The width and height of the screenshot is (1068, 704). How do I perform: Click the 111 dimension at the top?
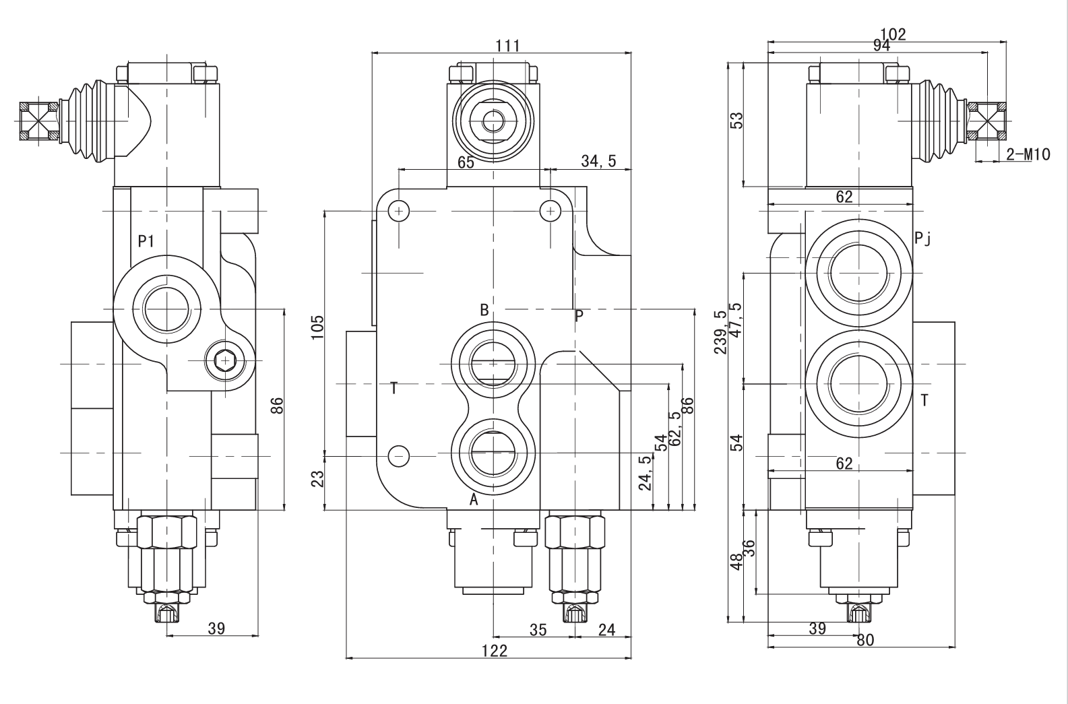point(507,45)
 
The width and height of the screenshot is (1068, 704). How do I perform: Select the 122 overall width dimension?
point(495,650)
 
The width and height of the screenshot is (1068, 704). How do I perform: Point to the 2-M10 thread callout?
point(1028,154)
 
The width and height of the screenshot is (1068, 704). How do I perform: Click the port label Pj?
point(922,238)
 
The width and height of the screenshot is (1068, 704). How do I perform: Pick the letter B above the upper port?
point(484,310)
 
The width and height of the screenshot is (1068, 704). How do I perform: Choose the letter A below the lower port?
point(474,500)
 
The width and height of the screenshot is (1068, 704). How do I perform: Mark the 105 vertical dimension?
point(318,327)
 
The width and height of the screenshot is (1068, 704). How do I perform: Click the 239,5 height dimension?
point(721,332)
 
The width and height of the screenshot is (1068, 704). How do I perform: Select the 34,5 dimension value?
point(598,161)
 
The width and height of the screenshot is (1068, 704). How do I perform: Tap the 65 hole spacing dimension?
point(466,162)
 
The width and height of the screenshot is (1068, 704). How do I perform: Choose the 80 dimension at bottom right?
point(865,640)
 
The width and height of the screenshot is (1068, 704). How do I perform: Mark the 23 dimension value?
point(318,479)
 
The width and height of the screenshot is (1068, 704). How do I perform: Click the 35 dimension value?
point(537,630)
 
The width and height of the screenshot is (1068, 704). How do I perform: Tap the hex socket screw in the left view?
point(224,362)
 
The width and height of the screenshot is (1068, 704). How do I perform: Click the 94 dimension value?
point(881,46)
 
